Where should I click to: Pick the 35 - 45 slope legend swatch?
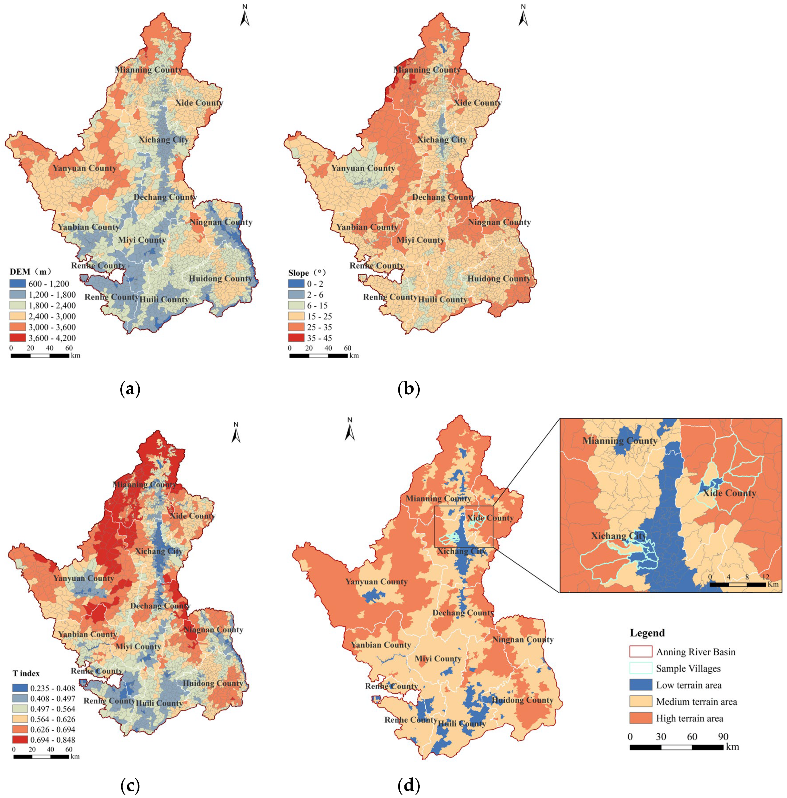[297, 338]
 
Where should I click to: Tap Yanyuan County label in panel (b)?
[363, 168]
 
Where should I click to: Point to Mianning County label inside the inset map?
[619, 441]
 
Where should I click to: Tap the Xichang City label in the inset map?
[618, 536]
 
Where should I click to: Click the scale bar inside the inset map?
[738, 585]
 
